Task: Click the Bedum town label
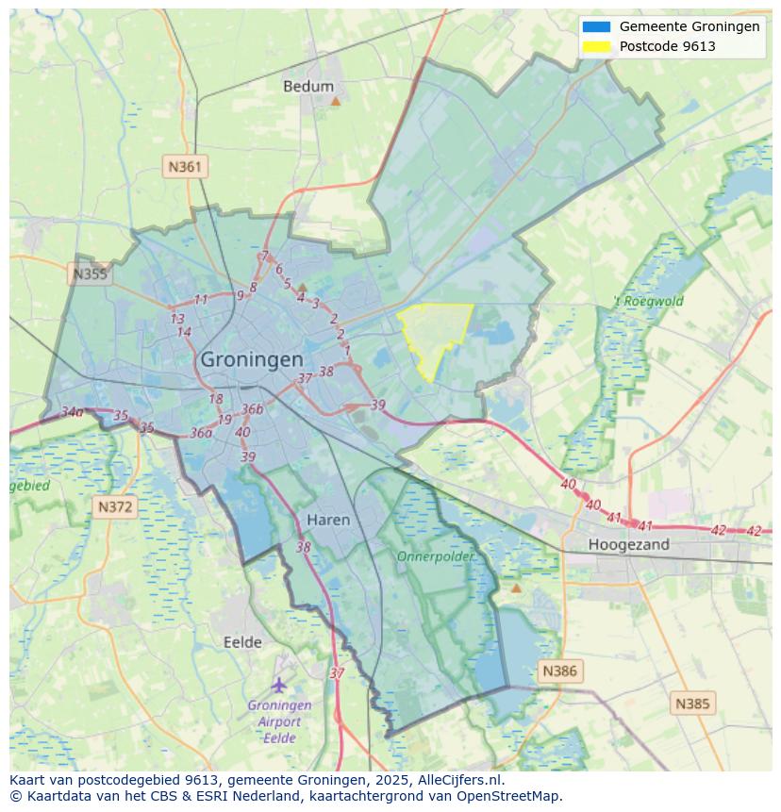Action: [x=308, y=86]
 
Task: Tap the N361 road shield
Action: [x=185, y=167]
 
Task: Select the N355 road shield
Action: [x=90, y=274]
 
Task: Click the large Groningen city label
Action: [x=252, y=359]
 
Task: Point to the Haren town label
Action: [x=328, y=520]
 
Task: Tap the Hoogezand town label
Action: [x=628, y=544]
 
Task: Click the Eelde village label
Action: [x=242, y=642]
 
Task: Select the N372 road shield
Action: [x=116, y=507]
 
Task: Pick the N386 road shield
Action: [x=558, y=671]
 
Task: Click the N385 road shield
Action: [x=693, y=704]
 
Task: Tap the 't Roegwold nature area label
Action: [x=648, y=302]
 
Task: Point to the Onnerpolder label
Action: [x=435, y=556]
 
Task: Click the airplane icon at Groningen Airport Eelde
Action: [x=278, y=685]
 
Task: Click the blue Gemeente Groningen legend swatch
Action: [x=596, y=26]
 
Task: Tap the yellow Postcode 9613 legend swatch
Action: [x=596, y=46]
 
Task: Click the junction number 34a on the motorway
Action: [x=72, y=412]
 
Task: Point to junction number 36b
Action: [x=252, y=409]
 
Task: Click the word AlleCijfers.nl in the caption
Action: [x=458, y=780]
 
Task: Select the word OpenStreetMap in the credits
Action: [x=513, y=796]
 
